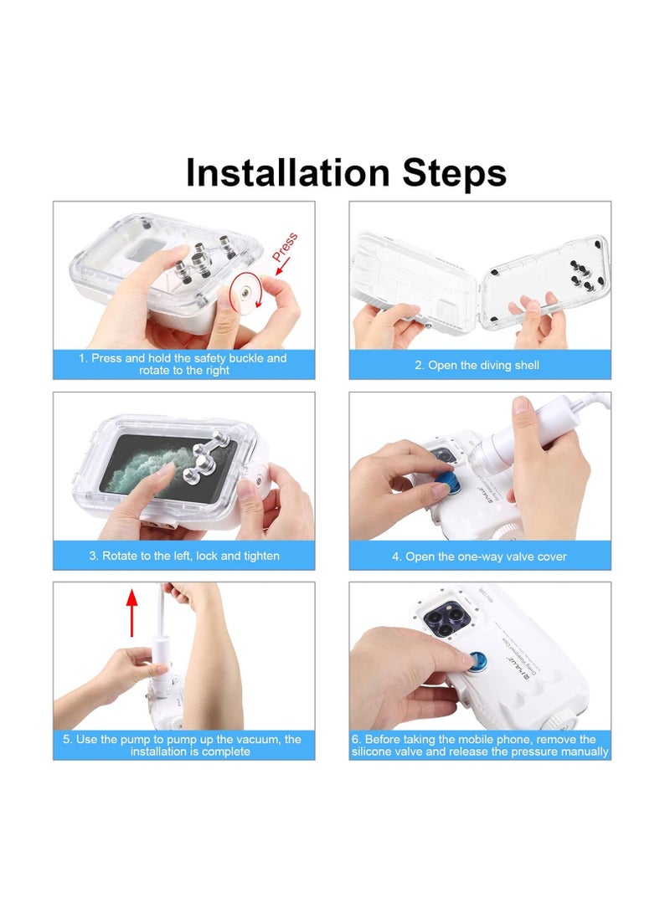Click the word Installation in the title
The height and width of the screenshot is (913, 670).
click(x=288, y=172)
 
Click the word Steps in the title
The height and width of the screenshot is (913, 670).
click(x=455, y=173)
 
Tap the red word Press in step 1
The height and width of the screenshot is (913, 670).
click(x=285, y=247)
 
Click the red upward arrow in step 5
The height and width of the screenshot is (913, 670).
click(x=132, y=613)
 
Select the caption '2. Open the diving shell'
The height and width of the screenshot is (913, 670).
click(x=477, y=365)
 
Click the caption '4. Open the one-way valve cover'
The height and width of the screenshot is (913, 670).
click(x=479, y=557)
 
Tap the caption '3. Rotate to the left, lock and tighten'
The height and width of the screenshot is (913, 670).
click(x=184, y=556)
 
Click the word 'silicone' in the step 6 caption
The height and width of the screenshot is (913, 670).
click(x=374, y=751)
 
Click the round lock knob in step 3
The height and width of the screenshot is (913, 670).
click(x=258, y=481)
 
